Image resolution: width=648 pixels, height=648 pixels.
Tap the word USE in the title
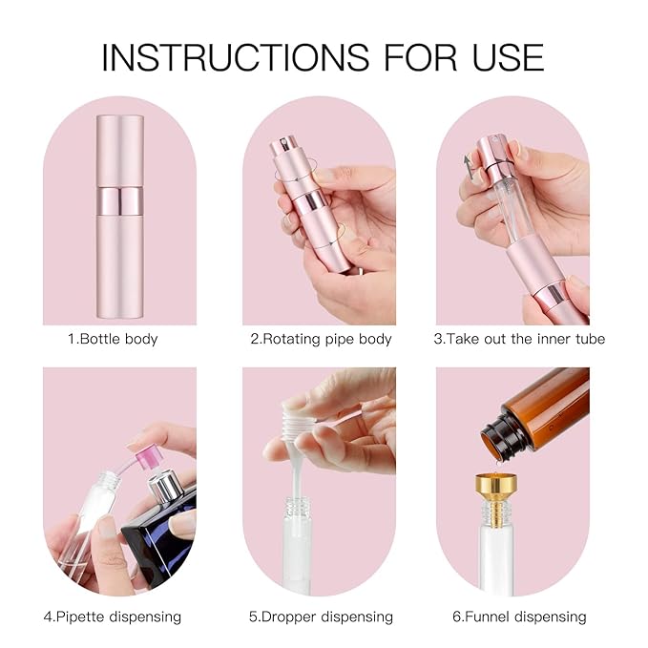[501, 56]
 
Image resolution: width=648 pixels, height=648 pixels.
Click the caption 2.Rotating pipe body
[321, 339]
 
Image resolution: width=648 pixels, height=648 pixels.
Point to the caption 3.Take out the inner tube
[519, 339]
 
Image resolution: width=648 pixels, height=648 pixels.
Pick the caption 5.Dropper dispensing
[321, 617]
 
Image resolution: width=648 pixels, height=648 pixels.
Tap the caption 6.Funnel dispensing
[519, 617]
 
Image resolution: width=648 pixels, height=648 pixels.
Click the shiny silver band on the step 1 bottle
[119, 200]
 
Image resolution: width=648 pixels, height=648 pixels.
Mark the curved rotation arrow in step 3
[469, 164]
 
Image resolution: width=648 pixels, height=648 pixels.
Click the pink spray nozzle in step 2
[284, 152]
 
